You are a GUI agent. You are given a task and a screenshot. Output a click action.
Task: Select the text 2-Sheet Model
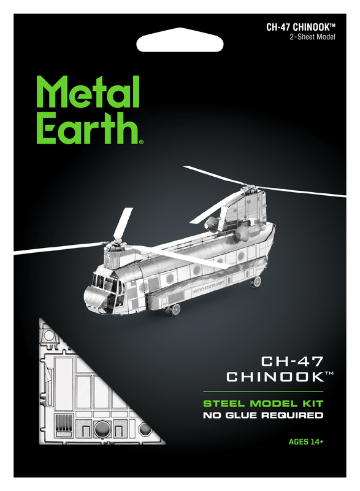[312, 37]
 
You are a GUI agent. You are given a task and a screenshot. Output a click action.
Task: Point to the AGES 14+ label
[306, 441]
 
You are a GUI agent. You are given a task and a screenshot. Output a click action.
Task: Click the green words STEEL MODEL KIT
[263, 403]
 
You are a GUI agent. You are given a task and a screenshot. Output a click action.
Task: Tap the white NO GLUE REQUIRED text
[263, 416]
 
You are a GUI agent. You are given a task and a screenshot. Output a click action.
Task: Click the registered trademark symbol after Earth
[142, 142]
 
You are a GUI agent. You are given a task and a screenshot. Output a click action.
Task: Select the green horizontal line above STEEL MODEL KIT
[263, 392]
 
